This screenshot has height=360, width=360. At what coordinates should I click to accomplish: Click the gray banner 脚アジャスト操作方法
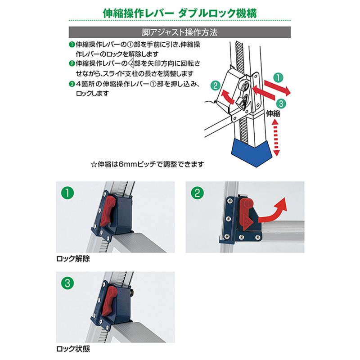pos(180,32)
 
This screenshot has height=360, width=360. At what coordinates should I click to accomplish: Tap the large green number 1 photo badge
pos(68,194)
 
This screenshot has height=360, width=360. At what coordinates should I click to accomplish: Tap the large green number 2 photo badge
pos(197,194)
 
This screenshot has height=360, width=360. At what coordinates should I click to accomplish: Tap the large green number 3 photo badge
pos(68,283)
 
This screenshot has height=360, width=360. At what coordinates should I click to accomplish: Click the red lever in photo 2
pos(245,214)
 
